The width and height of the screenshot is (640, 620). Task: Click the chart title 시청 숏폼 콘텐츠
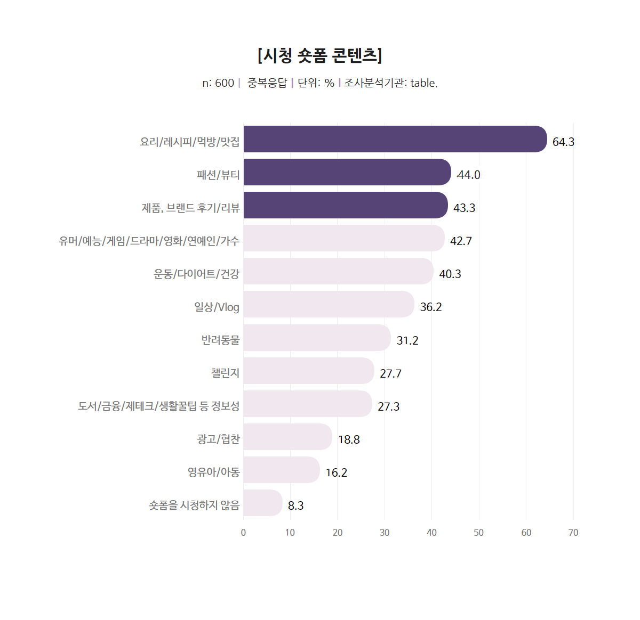pyautogui.click(x=319, y=55)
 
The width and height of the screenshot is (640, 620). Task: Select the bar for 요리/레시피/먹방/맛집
pyautogui.click(x=395, y=139)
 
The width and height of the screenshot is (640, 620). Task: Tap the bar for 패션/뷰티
pyautogui.click(x=347, y=172)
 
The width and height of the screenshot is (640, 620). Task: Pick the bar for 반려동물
pyautogui.click(x=317, y=338)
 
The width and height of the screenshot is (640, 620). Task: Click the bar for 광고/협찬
pyautogui.click(x=287, y=437)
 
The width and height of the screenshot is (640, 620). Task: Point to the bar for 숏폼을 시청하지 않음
pyautogui.click(x=262, y=503)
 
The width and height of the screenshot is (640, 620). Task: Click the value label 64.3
pyautogui.click(x=563, y=142)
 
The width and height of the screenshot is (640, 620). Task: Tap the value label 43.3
pyautogui.click(x=464, y=208)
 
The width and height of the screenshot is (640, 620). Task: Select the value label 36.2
pyautogui.click(x=431, y=307)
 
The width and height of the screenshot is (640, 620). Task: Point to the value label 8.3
pyautogui.click(x=295, y=505)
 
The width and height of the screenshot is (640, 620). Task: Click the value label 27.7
pyautogui.click(x=390, y=373)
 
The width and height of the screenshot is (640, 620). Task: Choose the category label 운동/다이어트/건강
pyautogui.click(x=196, y=274)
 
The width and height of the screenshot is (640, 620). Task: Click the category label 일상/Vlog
pyautogui.click(x=217, y=307)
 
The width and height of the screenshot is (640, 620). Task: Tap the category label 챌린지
pyautogui.click(x=225, y=373)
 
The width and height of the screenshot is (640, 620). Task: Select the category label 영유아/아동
pyautogui.click(x=213, y=472)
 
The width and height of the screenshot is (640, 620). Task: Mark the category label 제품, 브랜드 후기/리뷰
pyautogui.click(x=190, y=208)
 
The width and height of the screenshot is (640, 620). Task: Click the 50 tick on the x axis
pyautogui.click(x=479, y=533)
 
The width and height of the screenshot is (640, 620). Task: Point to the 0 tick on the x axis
pyautogui.click(x=244, y=533)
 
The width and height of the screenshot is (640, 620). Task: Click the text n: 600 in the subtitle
pyautogui.click(x=218, y=83)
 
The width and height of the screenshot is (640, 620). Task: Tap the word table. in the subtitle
pyautogui.click(x=424, y=83)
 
